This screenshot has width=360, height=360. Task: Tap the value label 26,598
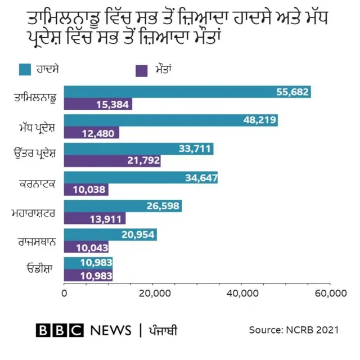point(163,206)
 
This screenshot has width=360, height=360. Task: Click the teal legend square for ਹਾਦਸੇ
point(25,70)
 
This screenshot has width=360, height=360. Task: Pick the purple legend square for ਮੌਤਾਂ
point(141,70)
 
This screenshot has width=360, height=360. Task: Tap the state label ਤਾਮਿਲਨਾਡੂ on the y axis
point(35,99)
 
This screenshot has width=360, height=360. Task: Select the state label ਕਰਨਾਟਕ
point(38,184)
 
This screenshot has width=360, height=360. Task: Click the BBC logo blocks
point(59,330)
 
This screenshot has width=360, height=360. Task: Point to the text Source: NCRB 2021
point(294,330)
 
